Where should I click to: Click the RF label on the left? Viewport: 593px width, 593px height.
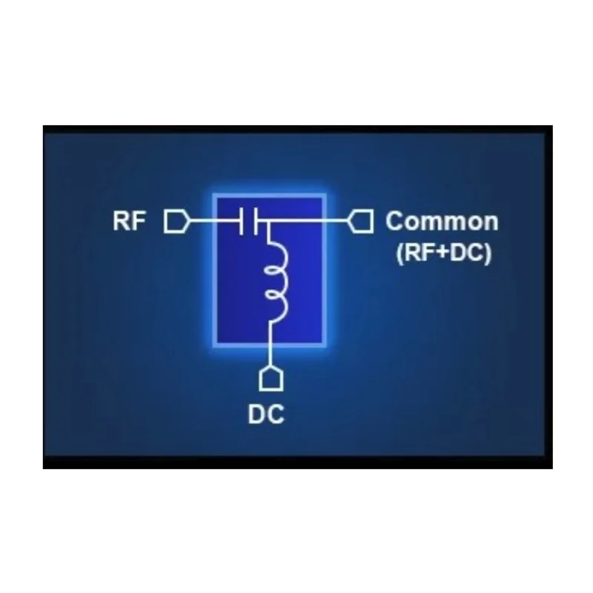[129, 221]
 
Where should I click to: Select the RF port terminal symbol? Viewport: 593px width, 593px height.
[176, 221]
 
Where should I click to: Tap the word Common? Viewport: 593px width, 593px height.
[442, 221]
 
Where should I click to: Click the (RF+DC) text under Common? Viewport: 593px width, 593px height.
[444, 252]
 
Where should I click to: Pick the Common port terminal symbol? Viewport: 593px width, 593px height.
[360, 221]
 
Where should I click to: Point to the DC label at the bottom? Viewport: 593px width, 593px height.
[266, 414]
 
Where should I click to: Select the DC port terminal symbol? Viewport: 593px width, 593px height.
[271, 378]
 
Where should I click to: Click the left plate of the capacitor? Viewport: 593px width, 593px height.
[241, 221]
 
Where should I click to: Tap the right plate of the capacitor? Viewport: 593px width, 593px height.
[256, 221]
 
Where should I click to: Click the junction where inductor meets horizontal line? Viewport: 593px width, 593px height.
[268, 220]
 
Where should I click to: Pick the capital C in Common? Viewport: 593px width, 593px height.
[394, 221]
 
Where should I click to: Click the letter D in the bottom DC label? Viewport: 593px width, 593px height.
[256, 414]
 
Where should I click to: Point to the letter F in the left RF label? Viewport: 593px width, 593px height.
[139, 221]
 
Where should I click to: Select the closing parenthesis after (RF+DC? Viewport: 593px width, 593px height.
[488, 253]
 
